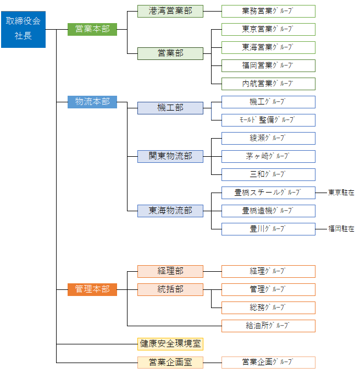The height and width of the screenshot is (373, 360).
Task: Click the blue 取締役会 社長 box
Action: click(23, 29)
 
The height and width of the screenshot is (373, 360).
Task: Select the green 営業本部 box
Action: click(92, 29)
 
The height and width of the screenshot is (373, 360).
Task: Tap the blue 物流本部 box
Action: click(92, 102)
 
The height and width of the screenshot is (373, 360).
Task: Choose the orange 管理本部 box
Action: click(92, 289)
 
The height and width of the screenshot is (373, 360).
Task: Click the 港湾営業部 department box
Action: click(170, 11)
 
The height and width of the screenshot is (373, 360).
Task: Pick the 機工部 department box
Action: click(170, 108)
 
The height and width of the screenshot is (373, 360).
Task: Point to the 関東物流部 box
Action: click(170, 156)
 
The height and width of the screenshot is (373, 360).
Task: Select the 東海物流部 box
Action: click(170, 211)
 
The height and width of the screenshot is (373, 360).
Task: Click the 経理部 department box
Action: click(170, 271)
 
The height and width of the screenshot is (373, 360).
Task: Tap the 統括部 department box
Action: click(170, 289)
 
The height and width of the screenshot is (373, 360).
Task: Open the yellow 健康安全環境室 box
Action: click(170, 344)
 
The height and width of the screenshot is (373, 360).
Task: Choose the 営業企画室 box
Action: click(170, 363)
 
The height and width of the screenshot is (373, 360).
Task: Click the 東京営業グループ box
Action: click(268, 29)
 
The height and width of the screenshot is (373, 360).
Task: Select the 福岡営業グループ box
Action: click(268, 65)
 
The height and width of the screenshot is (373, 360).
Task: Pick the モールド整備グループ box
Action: click(268, 120)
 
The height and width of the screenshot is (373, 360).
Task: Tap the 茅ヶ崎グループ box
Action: click(268, 156)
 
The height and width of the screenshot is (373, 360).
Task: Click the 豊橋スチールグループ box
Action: click(268, 193)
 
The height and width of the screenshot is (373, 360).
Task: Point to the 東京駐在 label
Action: click(341, 193)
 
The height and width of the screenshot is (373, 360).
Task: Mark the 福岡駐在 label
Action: click(341, 229)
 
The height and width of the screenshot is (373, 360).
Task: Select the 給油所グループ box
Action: click(268, 326)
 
